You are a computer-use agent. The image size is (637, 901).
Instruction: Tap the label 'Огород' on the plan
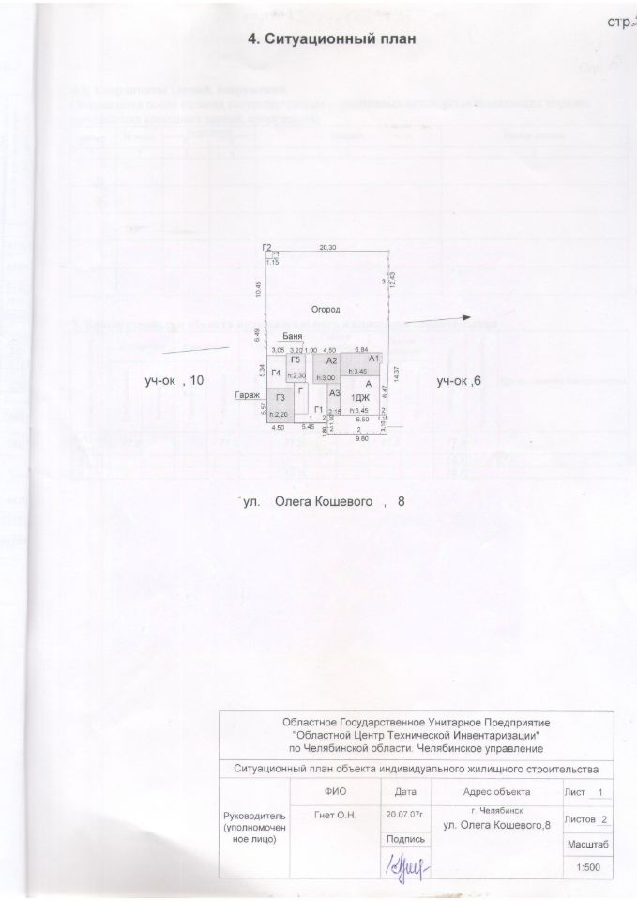326,309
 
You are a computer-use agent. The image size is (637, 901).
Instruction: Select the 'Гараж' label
249,395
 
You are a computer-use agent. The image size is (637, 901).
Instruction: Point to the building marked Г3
280,402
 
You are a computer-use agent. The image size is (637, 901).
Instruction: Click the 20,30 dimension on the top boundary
327,248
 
